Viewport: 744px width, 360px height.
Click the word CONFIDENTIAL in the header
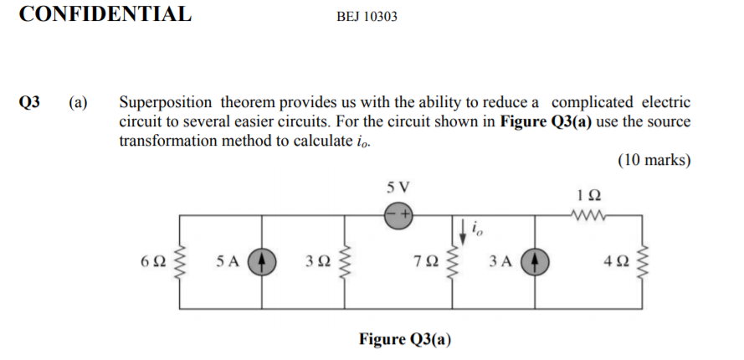pos(105,14)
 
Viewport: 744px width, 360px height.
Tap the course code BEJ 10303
pos(367,16)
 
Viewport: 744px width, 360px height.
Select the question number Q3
pos(29,103)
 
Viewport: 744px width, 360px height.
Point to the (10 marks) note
pos(654,160)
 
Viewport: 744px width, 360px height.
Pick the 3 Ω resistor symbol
pos(344,261)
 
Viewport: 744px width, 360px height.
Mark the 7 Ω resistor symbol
pos(453,261)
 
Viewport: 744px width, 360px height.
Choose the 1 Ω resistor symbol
pos(588,214)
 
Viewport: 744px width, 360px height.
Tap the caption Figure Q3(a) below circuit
pos(404,339)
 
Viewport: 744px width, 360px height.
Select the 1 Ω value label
pos(588,195)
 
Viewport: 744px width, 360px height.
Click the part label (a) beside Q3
pos(78,103)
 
